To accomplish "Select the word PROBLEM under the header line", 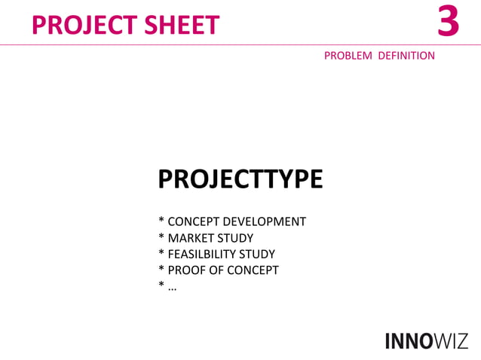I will click(x=348, y=56).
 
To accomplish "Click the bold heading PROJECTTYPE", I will click(x=240, y=179).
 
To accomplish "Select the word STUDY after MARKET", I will click(x=235, y=238).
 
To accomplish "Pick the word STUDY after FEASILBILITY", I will click(x=256, y=254).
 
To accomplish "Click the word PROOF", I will click(x=185, y=270).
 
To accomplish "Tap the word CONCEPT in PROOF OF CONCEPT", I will click(x=252, y=270).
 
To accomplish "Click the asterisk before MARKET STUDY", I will click(x=161, y=237).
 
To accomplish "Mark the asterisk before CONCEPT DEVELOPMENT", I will click(x=161, y=221).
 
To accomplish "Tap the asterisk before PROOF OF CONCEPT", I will click(x=161, y=269).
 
